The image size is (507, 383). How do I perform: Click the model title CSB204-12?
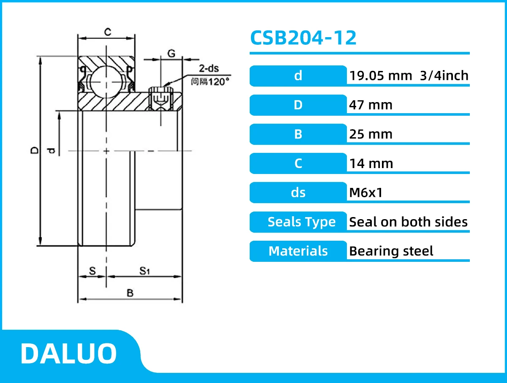pos(303,38)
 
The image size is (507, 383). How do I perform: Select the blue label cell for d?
pos(298,76)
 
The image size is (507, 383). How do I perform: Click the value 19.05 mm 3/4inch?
pos(409,76)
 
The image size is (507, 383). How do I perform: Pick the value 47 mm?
pos(371,105)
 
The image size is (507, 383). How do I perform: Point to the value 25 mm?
pos(371,134)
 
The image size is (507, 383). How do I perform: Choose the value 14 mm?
pos(371,163)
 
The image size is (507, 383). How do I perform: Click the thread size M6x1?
pos(365,193)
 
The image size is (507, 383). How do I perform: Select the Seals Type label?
pos(301,222)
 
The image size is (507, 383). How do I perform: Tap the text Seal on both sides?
pos(408,222)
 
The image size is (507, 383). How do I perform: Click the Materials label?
pos(298,251)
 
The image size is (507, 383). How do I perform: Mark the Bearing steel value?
pos(391,251)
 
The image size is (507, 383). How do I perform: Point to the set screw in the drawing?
pos(161,98)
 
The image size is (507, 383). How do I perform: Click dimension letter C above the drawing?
pos(108,32)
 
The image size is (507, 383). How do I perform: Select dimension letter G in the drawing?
pos(171,53)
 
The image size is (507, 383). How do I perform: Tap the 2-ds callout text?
pos(209,69)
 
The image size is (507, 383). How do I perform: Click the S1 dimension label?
pos(145,271)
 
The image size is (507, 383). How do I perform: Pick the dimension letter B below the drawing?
pos(130,293)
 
